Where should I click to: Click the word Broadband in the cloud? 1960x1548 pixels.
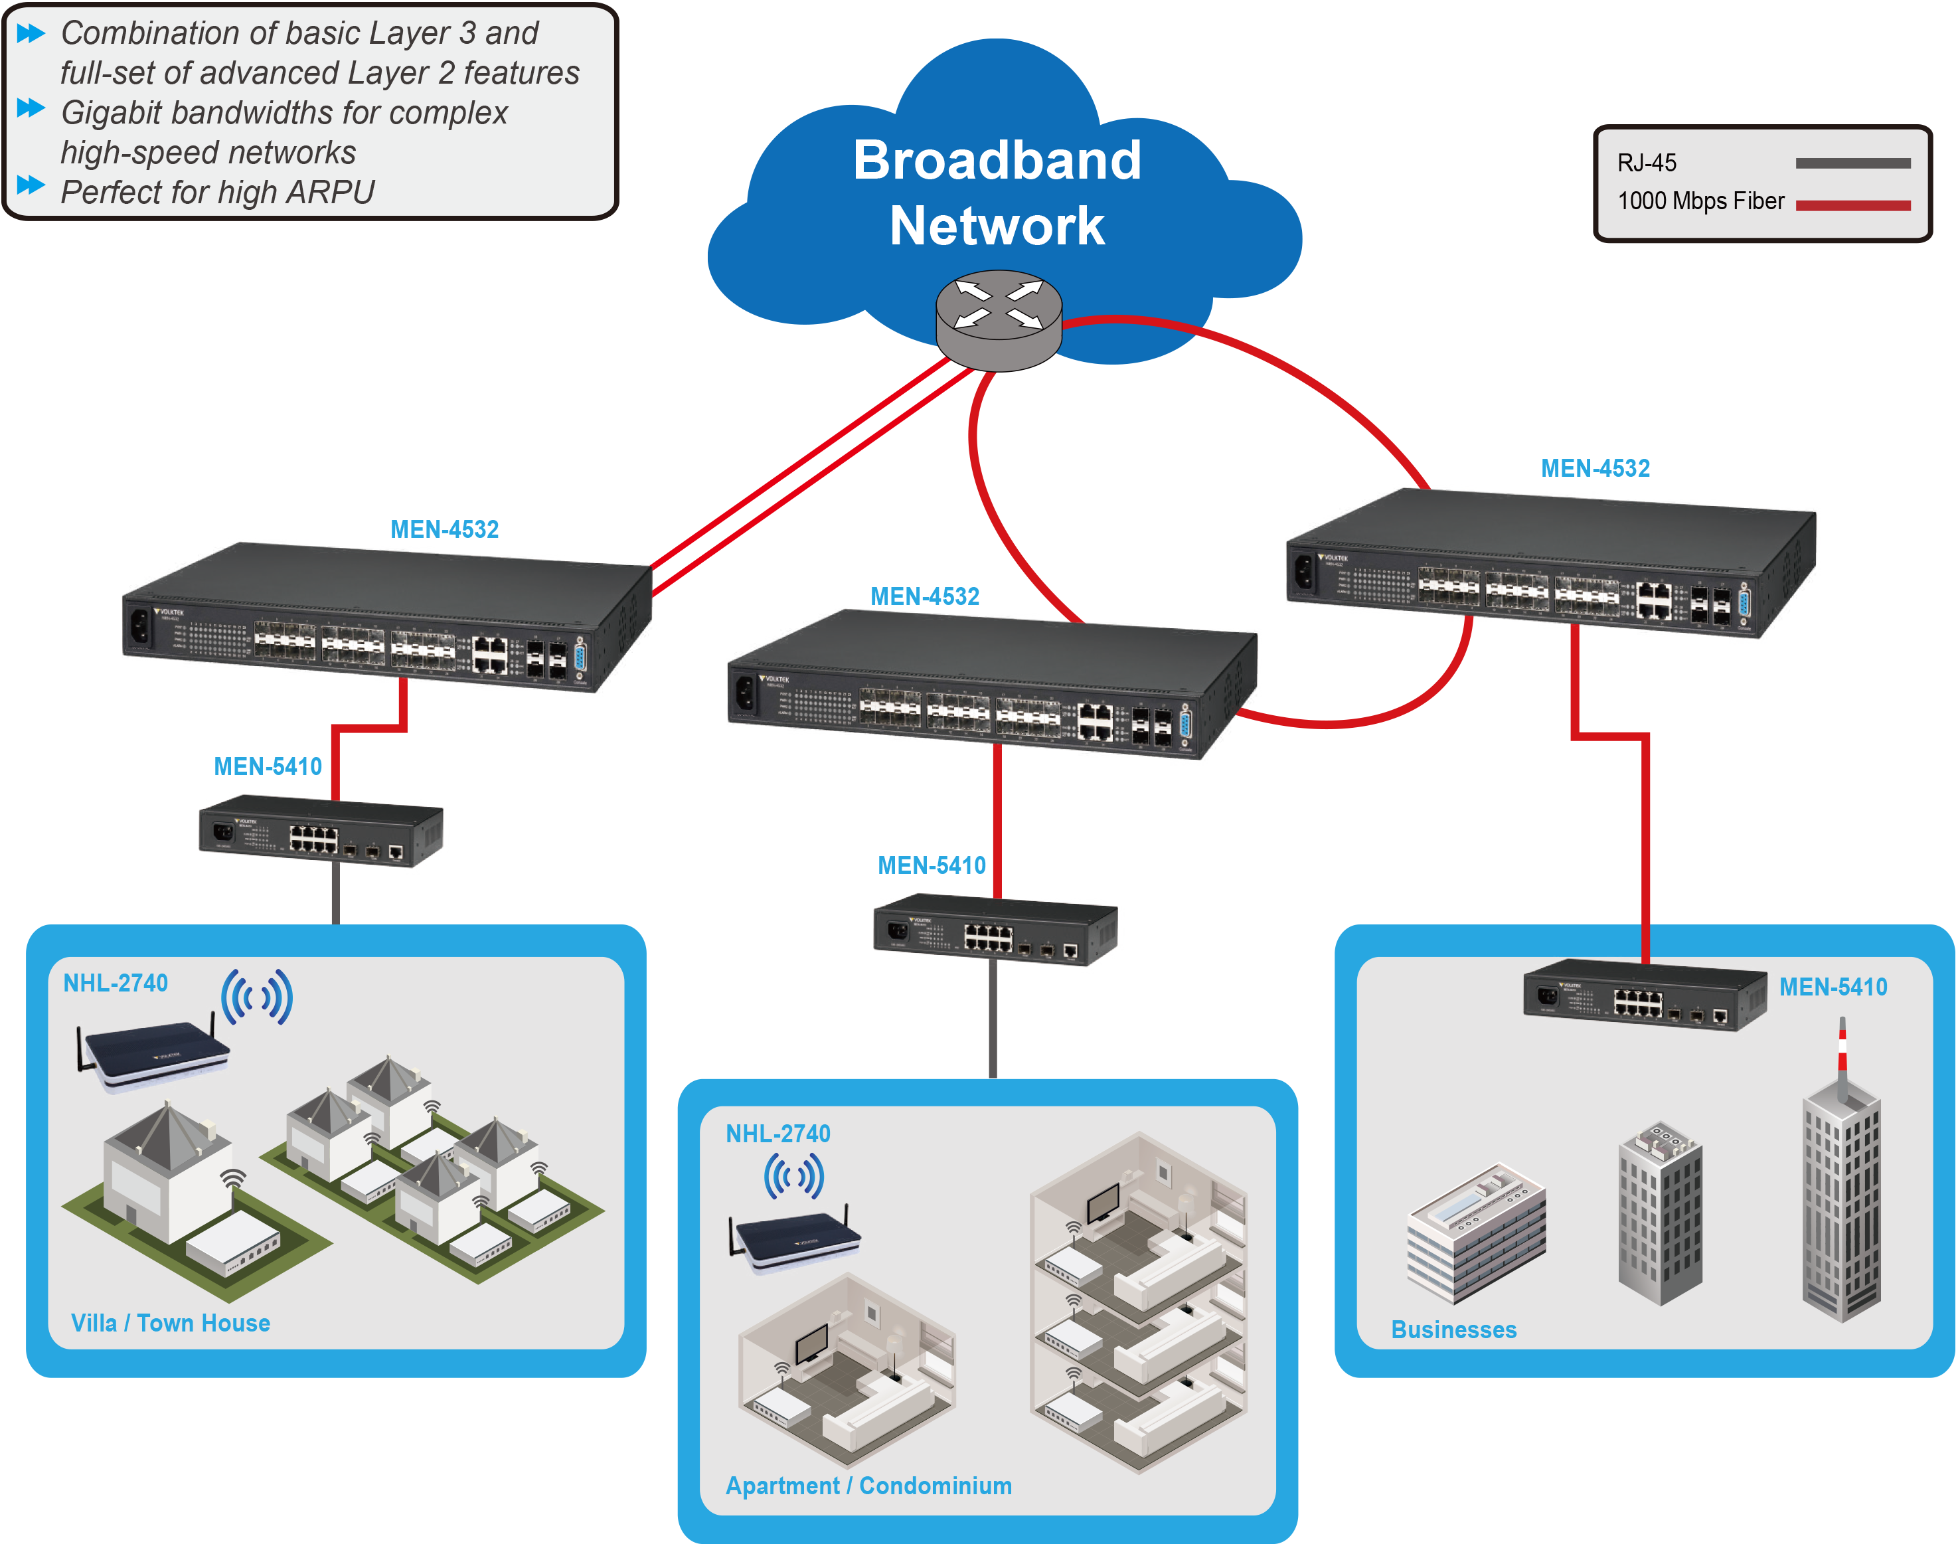click(997, 161)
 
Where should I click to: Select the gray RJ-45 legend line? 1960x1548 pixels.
click(1852, 164)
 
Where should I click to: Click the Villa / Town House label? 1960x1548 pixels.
click(171, 1324)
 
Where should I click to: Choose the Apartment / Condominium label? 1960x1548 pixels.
click(868, 1486)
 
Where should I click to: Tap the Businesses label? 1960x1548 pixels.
click(1453, 1330)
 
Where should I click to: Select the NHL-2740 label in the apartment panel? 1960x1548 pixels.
click(777, 1134)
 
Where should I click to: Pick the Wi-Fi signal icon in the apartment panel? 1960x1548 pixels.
click(794, 1176)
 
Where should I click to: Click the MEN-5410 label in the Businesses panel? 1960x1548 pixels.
click(1833, 987)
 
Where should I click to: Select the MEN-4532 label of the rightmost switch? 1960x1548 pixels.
click(1595, 469)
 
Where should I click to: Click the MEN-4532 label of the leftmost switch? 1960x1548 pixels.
click(444, 530)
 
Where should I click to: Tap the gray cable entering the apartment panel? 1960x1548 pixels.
click(993, 1024)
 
